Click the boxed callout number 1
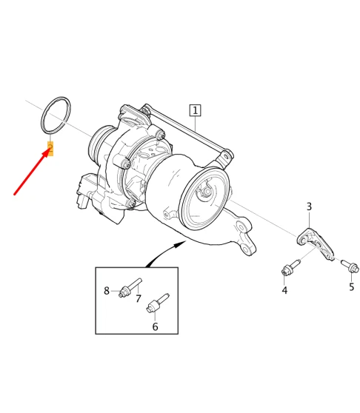pyautogui.click(x=195, y=111)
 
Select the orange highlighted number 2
pyautogui.click(x=50, y=147)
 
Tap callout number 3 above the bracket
pyautogui.click(x=309, y=206)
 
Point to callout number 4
pyautogui.click(x=284, y=290)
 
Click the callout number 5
pyautogui.click(x=352, y=286)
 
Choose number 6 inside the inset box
pyautogui.click(x=155, y=326)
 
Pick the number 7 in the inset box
pyautogui.click(x=138, y=298)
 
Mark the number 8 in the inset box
pyautogui.click(x=107, y=290)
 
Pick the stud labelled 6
pyautogui.click(x=158, y=303)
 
